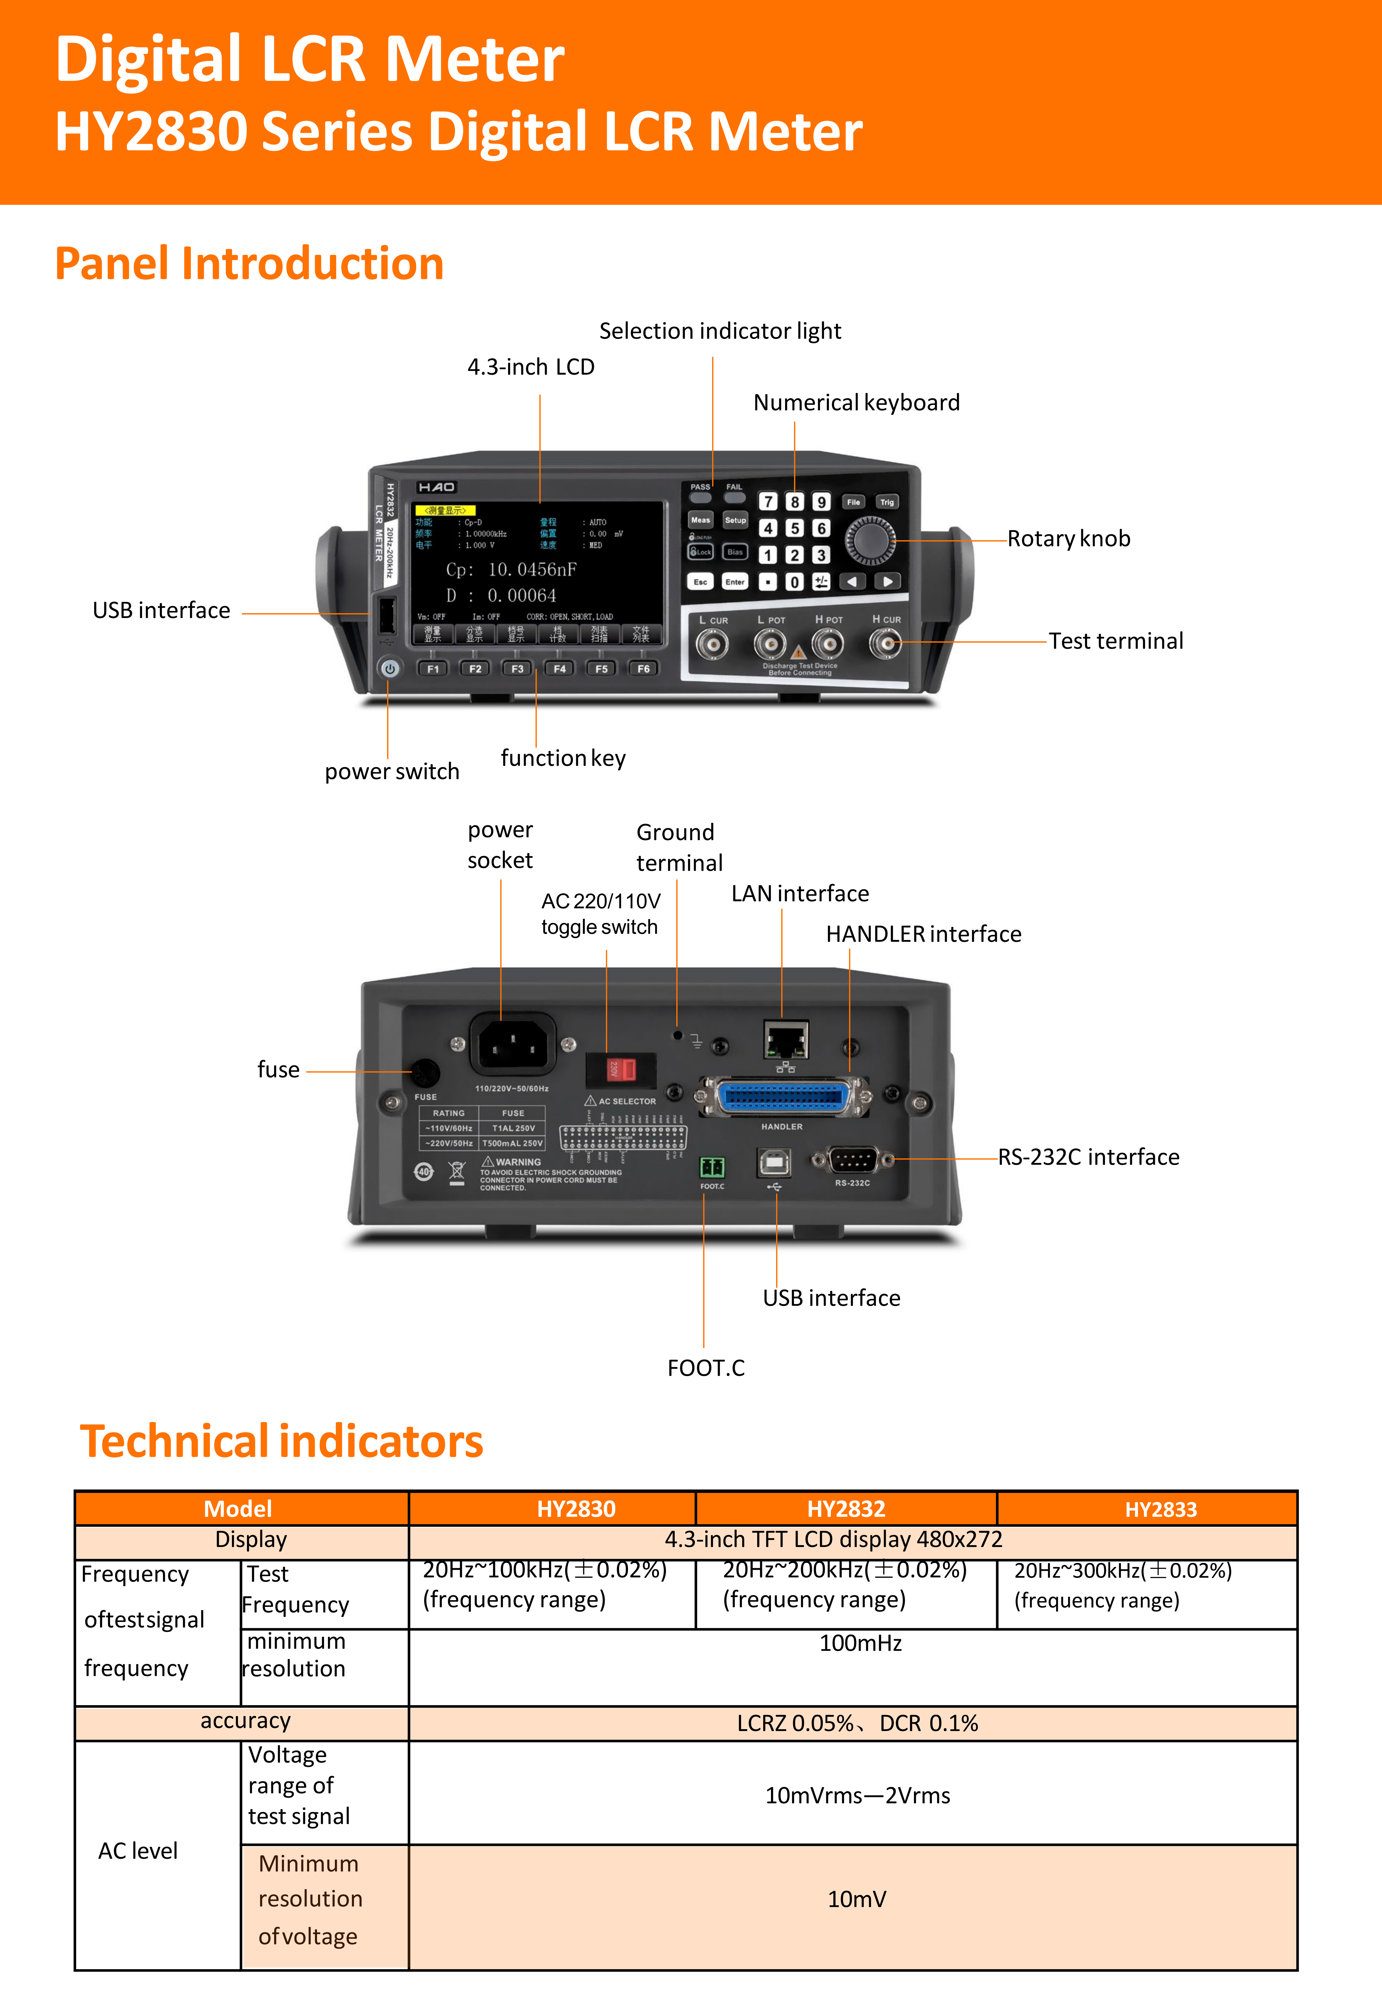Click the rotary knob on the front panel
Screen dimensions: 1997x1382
tap(870, 541)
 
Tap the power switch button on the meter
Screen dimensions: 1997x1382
tap(390, 669)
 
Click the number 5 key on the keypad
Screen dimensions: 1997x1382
tap(794, 528)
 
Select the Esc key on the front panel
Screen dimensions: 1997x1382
tap(700, 582)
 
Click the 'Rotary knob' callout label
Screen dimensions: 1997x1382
tap(1068, 539)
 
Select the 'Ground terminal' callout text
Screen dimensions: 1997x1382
tap(678, 847)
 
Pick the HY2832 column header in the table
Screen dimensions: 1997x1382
tap(846, 1509)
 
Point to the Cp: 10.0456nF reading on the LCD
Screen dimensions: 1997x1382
tap(511, 570)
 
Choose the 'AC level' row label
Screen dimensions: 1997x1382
tap(138, 1851)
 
